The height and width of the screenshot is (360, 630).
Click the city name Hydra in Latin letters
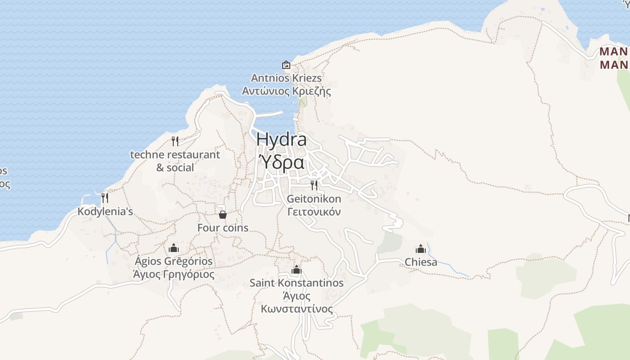(x=281, y=139)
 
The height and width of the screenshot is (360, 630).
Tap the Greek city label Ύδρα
(x=282, y=162)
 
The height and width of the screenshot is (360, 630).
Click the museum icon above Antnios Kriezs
(x=286, y=65)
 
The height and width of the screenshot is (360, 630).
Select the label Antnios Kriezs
(x=286, y=78)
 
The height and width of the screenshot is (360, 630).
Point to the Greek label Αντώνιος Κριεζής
(x=286, y=91)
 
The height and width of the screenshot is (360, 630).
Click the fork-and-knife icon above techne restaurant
(x=175, y=141)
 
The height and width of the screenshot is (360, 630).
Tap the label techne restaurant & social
(x=175, y=161)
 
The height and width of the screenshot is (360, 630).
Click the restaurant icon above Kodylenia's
(x=105, y=198)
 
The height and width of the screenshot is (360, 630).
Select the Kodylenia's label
(x=105, y=211)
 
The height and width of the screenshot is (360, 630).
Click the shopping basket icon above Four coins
(x=223, y=214)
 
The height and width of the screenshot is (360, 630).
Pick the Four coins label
(x=223, y=228)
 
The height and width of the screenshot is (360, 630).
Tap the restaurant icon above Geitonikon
(x=314, y=185)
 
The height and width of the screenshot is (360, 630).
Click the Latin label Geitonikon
(x=314, y=198)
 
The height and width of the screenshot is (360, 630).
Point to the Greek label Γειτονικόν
(x=314, y=211)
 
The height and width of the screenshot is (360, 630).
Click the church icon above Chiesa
(x=421, y=249)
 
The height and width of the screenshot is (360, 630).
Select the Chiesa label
(x=421, y=262)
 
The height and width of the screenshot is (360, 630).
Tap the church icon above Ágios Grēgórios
(x=174, y=248)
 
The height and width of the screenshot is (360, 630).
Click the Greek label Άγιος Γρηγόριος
(x=174, y=274)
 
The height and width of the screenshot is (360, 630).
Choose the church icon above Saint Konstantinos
(x=297, y=270)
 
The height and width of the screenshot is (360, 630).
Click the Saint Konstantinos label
(x=297, y=283)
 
